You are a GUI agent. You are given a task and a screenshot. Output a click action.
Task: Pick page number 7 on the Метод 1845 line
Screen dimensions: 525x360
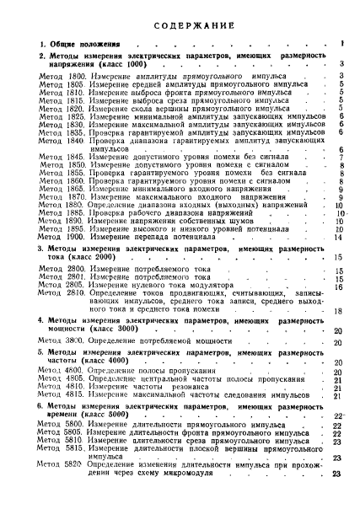(339, 157)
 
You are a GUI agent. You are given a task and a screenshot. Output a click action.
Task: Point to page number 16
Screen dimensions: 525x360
(337, 287)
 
